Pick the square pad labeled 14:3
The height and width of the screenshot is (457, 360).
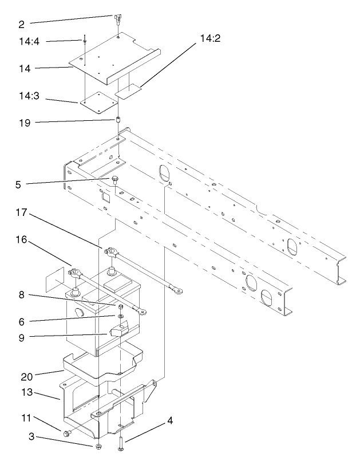coord(95,102)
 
